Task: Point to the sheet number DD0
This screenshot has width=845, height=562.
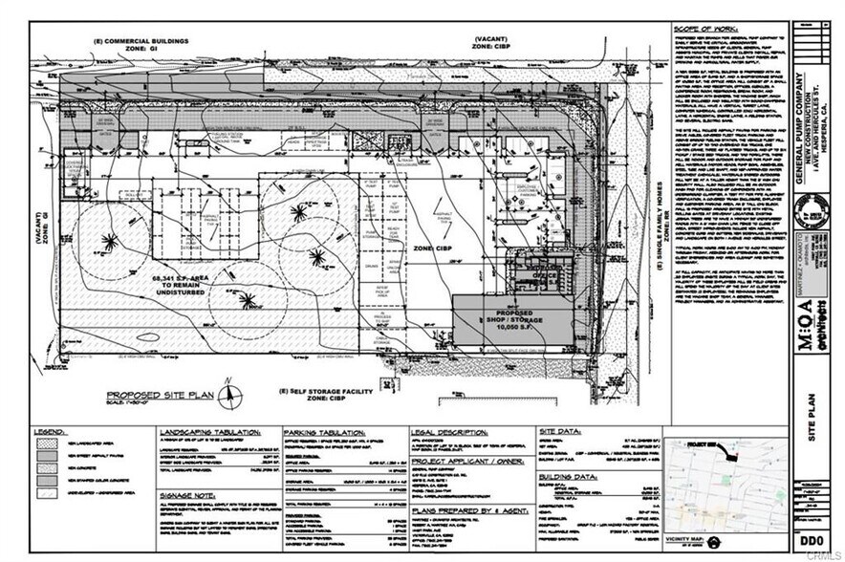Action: tap(812, 541)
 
